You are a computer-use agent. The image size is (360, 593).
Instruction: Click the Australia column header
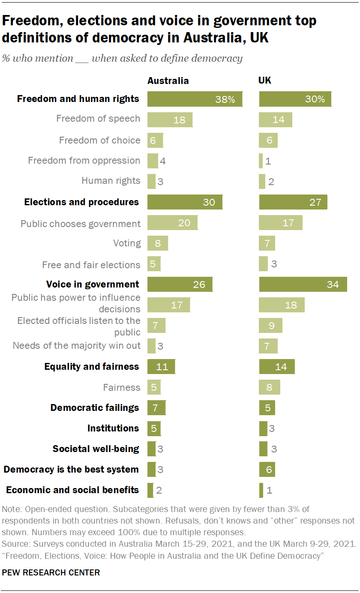168,81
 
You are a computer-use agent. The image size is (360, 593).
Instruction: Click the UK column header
265,81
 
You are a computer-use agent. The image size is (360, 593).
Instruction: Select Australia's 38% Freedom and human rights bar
195,99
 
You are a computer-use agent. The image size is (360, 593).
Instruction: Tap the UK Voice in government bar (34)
303,284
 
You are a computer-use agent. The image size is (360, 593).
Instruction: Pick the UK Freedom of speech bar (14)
276,120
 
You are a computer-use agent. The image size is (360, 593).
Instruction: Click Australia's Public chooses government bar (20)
172,223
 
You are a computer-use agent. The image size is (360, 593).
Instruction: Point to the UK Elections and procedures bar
293,202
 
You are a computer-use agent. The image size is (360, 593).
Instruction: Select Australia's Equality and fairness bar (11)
161,367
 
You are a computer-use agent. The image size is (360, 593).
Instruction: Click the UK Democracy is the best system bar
267,469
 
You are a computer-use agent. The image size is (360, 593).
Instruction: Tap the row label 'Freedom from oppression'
84,161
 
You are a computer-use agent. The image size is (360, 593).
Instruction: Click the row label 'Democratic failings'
95,407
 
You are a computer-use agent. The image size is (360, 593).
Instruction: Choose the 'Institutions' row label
113,428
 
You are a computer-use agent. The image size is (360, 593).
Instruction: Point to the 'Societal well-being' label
96,449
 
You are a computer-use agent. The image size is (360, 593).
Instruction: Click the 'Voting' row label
127,243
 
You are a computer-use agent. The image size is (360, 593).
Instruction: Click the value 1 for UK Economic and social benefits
270,490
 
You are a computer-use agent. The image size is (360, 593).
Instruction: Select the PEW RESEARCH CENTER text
51,572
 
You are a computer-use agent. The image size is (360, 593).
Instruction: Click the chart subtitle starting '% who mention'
122,58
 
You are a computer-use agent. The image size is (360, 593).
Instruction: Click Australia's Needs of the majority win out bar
151,345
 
